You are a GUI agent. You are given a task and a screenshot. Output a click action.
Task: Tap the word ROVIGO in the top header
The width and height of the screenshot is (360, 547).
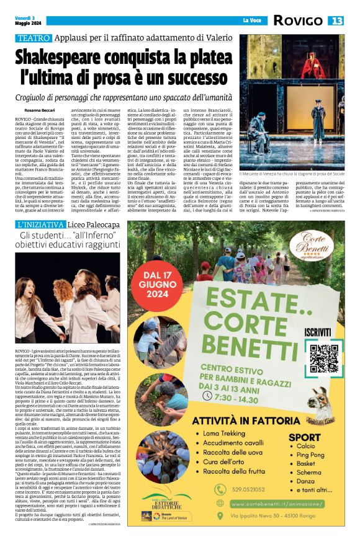tap(310, 21)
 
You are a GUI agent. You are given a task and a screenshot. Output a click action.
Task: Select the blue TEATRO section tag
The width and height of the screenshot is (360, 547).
tap(33, 38)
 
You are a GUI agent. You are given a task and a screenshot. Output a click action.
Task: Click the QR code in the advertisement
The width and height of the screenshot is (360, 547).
tap(322, 358)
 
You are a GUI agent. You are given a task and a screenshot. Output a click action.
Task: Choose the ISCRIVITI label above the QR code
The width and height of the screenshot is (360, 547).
tap(322, 332)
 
